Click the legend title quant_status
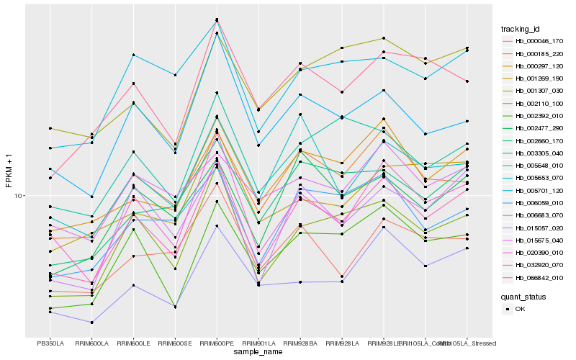(523, 296)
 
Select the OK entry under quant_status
(519, 309)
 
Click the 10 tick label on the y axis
(19, 196)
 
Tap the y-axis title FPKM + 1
(9, 171)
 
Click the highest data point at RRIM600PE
(217, 19)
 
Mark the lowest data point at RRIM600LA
(91, 322)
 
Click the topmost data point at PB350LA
(50, 128)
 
